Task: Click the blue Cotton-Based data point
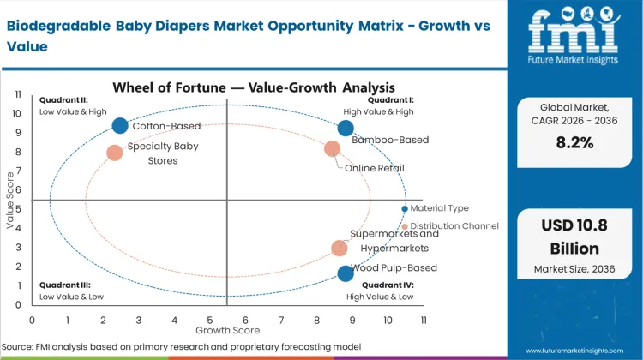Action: pos(120,126)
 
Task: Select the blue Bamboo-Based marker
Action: pos(345,129)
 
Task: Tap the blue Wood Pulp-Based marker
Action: pos(345,273)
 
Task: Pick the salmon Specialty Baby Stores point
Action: pos(115,153)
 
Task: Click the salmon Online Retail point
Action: pos(333,148)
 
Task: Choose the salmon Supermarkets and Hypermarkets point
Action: pos(340,249)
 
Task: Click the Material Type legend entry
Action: pos(439,208)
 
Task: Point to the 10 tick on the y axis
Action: pos(17,113)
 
